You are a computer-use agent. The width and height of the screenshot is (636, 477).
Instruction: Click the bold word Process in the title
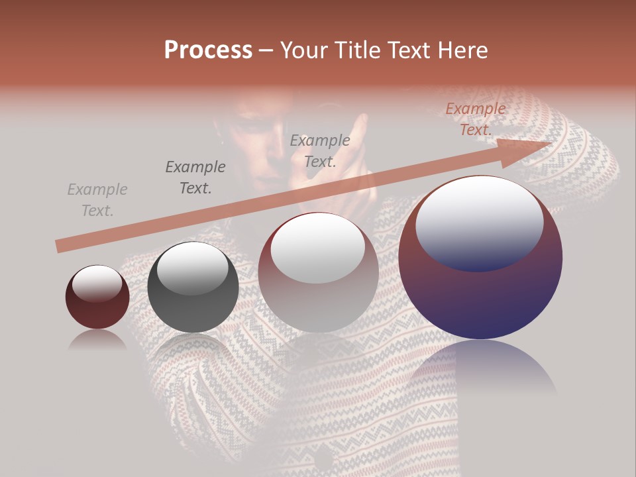[x=208, y=50]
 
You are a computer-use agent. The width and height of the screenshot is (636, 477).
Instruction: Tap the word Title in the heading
[x=356, y=50]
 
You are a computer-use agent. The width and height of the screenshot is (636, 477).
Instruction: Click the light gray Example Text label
[x=97, y=200]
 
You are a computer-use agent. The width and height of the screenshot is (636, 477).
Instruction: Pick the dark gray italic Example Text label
[x=195, y=178]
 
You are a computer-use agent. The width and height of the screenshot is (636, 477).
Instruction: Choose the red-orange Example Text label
[x=476, y=119]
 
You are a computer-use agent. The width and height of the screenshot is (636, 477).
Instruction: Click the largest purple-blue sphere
[x=480, y=291]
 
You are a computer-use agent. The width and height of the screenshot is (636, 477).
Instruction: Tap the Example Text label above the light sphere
[x=320, y=150]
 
